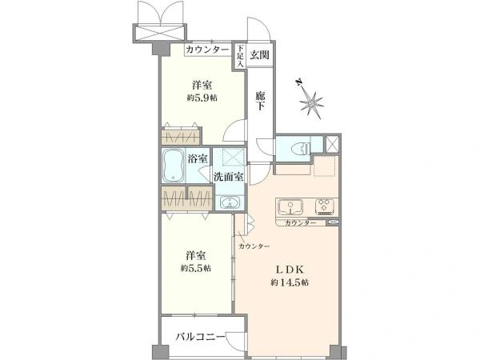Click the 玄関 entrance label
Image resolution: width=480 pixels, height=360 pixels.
pos(258,54)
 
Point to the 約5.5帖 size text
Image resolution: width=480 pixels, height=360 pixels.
pos(195,268)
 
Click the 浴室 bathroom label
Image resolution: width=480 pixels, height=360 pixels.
pos(198,158)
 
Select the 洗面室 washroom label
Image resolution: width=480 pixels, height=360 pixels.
pos(228,177)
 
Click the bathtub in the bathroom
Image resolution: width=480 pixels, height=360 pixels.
pos(173,166)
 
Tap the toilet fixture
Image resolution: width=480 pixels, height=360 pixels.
pos(298,147)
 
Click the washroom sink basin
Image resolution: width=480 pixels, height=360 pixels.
pos(230,202)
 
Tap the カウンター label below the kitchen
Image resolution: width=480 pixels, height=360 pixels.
pos(299,222)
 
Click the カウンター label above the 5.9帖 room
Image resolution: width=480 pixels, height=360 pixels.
pos(207,50)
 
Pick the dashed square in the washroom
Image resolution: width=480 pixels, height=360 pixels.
pos(234,156)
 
